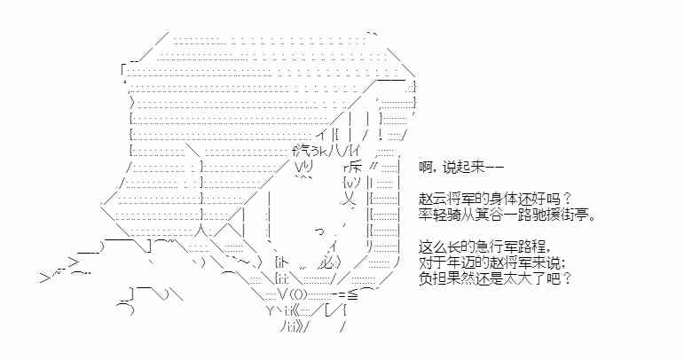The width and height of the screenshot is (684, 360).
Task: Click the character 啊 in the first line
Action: tap(425, 168)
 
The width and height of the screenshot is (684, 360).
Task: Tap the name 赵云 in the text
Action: tap(432, 200)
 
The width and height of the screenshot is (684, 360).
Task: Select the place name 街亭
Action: tap(579, 215)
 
